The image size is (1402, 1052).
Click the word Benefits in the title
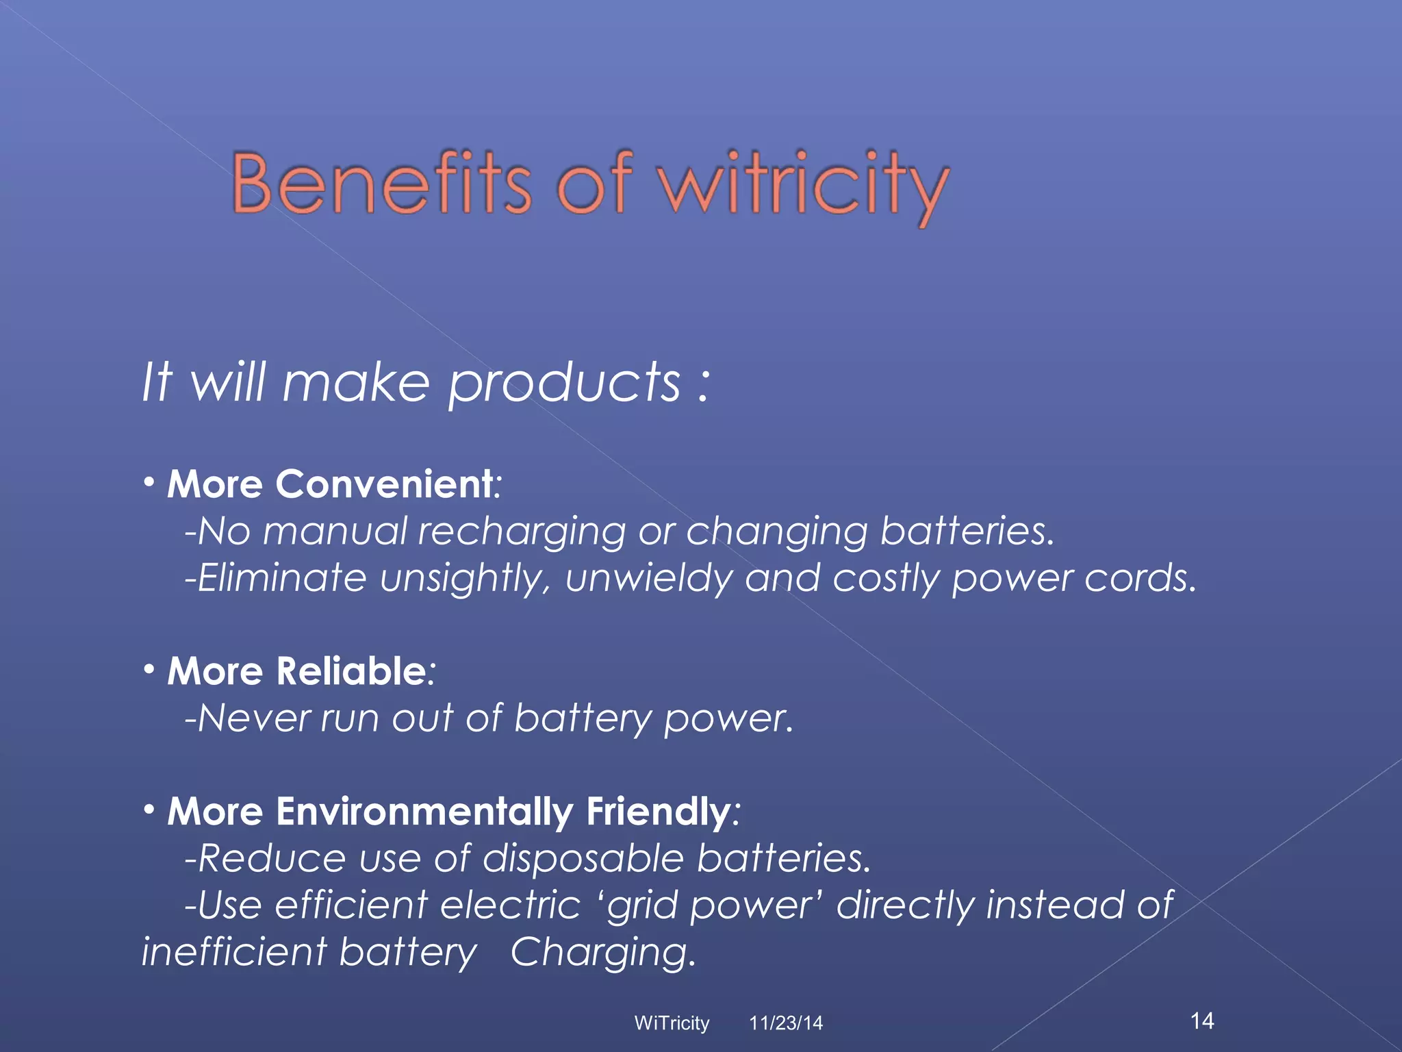click(x=381, y=183)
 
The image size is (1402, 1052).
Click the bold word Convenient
click(x=384, y=484)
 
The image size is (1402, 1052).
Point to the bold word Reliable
click(x=351, y=671)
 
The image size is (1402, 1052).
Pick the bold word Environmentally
click(x=424, y=812)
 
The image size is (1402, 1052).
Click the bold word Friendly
click(x=658, y=812)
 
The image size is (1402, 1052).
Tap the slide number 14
click(x=1202, y=1020)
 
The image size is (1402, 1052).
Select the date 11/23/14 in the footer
click(x=785, y=1023)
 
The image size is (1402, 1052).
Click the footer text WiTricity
click(x=672, y=1023)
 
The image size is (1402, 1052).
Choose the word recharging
click(x=522, y=532)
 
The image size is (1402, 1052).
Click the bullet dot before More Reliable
click(x=149, y=669)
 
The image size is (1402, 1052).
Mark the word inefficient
click(x=233, y=952)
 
